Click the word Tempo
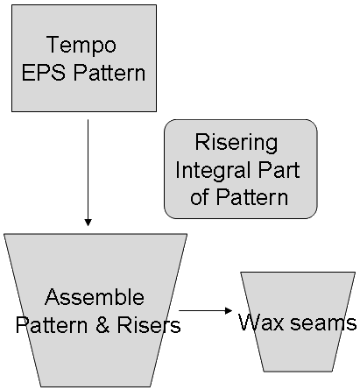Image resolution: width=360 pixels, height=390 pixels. click(x=81, y=45)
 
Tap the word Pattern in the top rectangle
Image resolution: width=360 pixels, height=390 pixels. click(x=109, y=73)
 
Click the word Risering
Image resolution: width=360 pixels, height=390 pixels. click(x=236, y=143)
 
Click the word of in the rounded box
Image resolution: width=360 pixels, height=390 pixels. click(x=200, y=197)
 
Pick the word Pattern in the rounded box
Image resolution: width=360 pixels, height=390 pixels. click(x=252, y=197)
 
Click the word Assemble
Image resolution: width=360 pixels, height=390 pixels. click(x=95, y=297)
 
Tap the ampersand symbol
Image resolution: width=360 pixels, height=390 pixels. click(x=102, y=325)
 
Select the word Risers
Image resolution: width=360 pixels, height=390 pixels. click(x=149, y=325)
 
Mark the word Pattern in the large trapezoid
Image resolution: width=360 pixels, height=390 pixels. click(x=52, y=325)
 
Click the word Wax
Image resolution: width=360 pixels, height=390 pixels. click(x=261, y=323)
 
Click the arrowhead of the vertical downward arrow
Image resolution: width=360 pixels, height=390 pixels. click(x=88, y=223)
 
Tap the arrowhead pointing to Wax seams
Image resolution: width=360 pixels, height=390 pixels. click(x=229, y=310)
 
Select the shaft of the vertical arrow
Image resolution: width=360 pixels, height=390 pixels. click(x=88, y=169)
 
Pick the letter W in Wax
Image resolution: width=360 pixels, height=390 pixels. click(x=250, y=323)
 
